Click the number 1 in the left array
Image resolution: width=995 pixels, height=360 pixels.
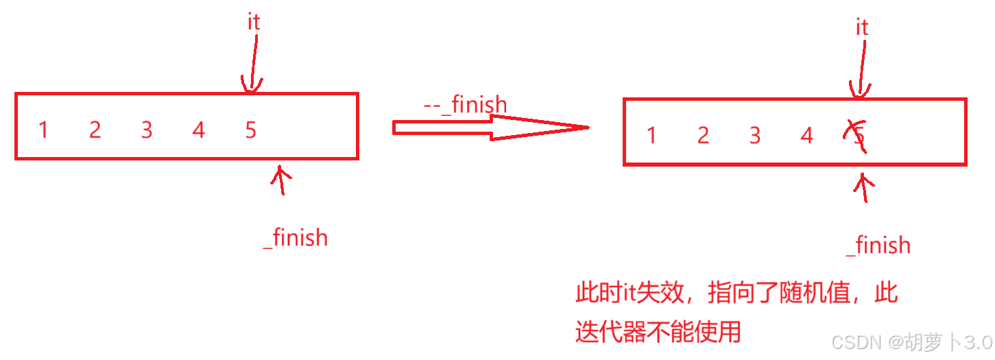[x=43, y=130]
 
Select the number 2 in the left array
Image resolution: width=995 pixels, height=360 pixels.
[x=95, y=130]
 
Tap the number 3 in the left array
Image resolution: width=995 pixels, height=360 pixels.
[x=147, y=130]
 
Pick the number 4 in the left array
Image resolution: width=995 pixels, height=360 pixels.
[x=198, y=130]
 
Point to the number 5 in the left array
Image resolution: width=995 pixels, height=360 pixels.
[x=250, y=130]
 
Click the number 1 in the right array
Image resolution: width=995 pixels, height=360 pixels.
[x=651, y=136]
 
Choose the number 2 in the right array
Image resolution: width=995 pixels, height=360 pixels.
[x=703, y=136]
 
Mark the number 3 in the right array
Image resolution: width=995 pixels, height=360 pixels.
[x=755, y=136]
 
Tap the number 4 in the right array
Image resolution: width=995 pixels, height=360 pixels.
[x=806, y=136]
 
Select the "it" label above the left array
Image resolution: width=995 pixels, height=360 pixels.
[x=254, y=22]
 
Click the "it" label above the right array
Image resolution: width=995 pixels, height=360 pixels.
[x=862, y=27]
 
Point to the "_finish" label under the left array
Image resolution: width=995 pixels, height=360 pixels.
[x=296, y=238]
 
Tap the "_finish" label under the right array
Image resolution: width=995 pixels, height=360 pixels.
[x=878, y=245]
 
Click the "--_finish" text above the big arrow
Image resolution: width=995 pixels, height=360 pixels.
[x=465, y=105]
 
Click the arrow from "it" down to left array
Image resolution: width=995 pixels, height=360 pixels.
[x=252, y=65]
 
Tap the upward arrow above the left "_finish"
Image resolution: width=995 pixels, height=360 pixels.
[x=280, y=180]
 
